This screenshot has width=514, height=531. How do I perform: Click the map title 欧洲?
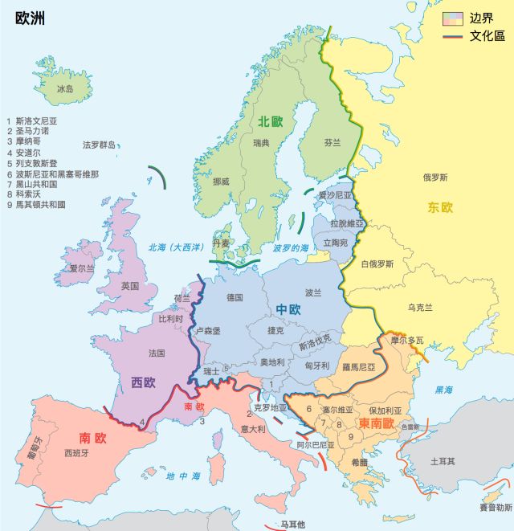point(31,18)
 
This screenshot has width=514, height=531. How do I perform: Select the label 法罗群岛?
point(99,145)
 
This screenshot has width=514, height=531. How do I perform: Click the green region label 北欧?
point(271,122)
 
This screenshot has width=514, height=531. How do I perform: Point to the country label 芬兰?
point(332,142)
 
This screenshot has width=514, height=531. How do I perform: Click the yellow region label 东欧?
point(440,207)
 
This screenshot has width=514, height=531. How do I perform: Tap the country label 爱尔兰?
point(82,268)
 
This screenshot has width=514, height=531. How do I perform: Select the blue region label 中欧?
point(288,309)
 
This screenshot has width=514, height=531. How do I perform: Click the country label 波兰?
point(313,292)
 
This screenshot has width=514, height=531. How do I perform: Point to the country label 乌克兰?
point(420,307)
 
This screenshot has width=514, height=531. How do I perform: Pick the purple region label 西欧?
point(144,382)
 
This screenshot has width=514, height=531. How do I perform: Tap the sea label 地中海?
point(183,476)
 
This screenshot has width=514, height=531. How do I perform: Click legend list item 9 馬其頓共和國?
point(35,205)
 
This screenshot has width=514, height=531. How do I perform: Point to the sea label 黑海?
point(443,390)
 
